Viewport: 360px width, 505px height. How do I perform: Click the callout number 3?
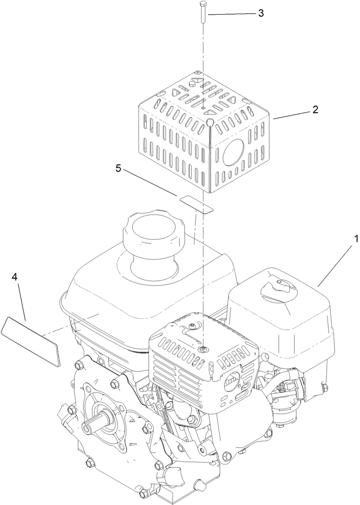(x=261, y=13)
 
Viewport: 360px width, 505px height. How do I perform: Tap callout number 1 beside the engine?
(x=357, y=239)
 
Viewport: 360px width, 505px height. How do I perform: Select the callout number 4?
(x=15, y=277)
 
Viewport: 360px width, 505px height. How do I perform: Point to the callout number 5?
(x=119, y=168)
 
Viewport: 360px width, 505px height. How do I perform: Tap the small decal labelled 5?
(x=196, y=203)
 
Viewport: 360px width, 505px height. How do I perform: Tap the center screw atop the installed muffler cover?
(x=202, y=349)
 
